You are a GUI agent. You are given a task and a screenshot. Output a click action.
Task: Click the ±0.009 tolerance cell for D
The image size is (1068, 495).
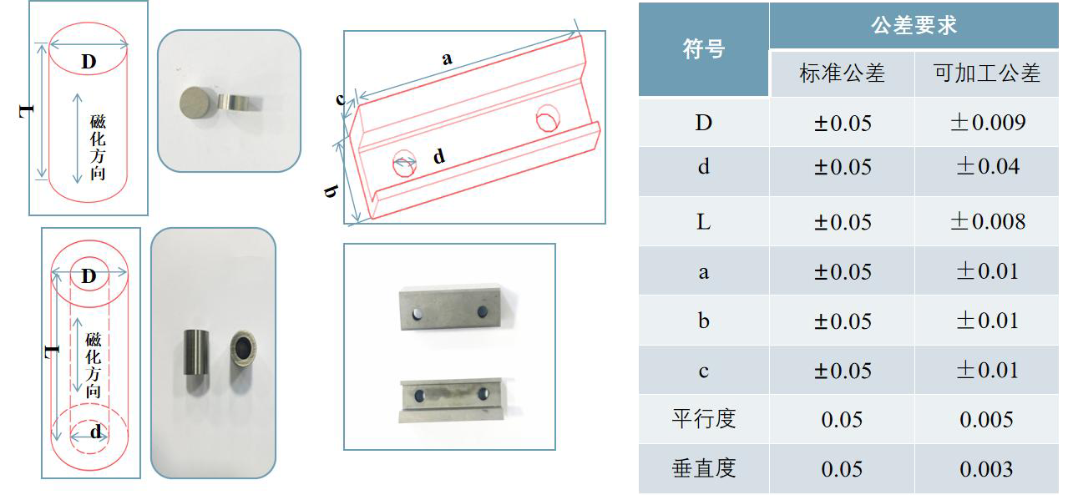[x=988, y=123]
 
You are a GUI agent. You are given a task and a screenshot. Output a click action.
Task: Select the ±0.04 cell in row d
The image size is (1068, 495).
[x=988, y=167]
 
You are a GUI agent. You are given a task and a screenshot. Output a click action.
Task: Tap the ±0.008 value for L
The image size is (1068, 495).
[x=988, y=221]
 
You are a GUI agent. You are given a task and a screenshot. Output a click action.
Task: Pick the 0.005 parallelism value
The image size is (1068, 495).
[x=986, y=420]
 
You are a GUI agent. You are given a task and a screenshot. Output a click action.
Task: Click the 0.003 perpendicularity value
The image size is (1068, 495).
[x=986, y=469]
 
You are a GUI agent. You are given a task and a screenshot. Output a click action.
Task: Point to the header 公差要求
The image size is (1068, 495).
[x=914, y=25]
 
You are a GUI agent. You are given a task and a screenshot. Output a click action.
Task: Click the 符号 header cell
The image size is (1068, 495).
[x=704, y=48]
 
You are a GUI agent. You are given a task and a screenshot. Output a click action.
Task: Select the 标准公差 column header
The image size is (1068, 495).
[x=842, y=73]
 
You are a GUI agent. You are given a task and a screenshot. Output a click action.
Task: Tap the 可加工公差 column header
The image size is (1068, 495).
[x=987, y=73]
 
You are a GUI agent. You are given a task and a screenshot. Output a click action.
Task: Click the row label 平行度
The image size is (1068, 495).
[x=704, y=419]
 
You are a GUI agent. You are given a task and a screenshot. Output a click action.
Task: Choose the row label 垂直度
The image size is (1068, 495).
[x=704, y=468]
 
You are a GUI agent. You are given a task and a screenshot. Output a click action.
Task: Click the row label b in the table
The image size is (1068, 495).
[x=704, y=321]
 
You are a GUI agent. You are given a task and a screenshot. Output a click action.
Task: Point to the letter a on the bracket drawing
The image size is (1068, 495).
[x=447, y=59]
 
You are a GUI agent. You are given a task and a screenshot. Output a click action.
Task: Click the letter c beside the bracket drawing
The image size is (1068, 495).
[x=340, y=99]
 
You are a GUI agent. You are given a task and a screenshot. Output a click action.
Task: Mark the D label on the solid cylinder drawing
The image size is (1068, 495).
[x=89, y=62]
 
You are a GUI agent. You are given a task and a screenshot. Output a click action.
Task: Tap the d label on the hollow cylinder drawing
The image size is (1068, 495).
[x=96, y=432]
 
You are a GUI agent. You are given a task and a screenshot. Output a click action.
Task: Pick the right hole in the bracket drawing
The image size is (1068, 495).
[x=548, y=118]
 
